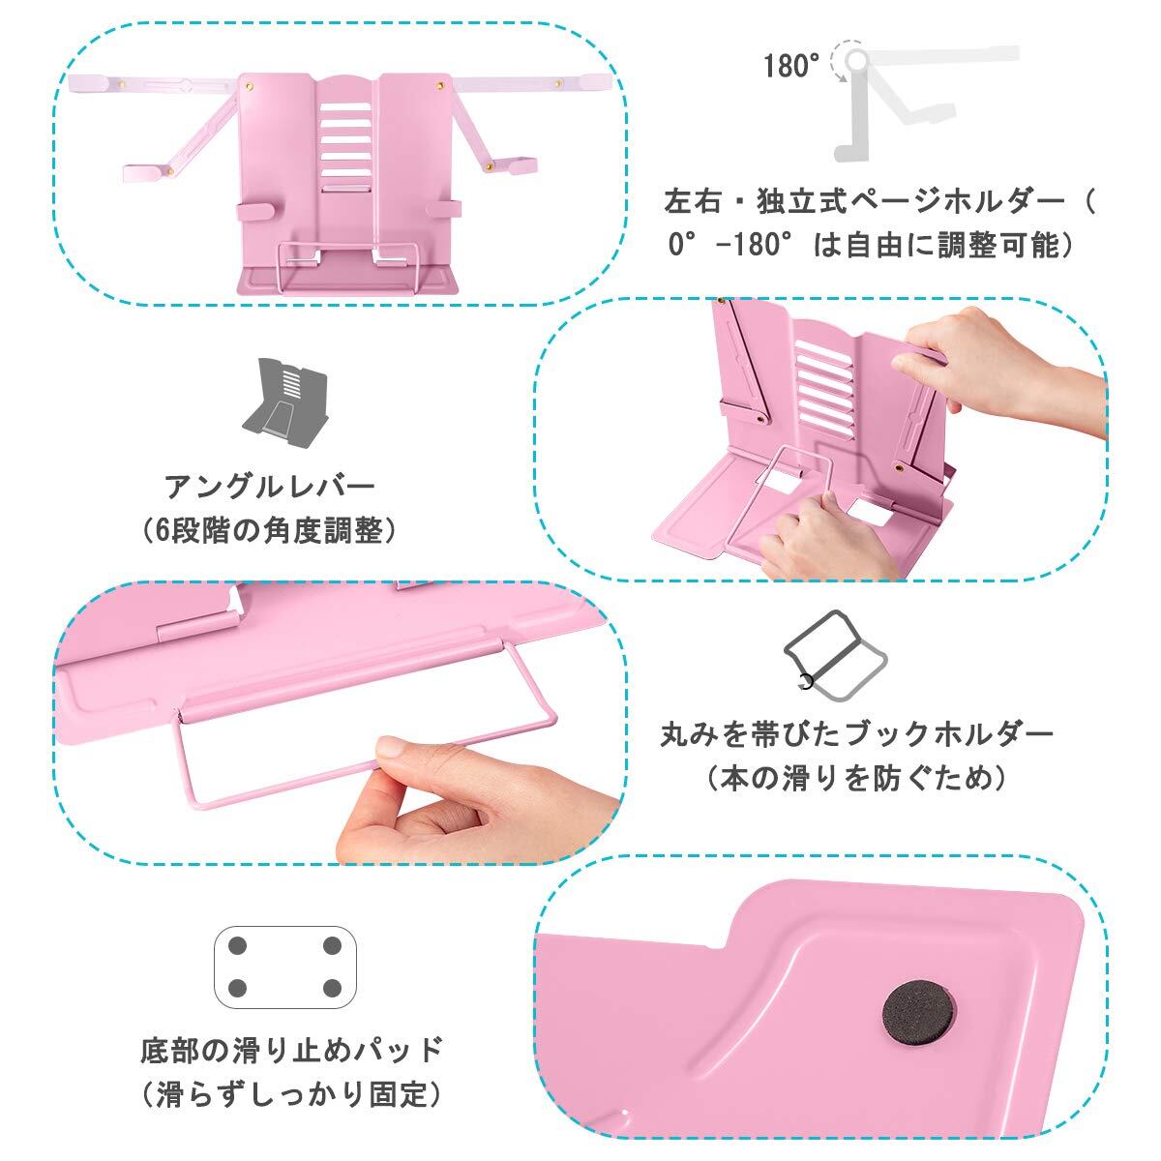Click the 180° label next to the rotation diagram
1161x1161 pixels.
(790, 66)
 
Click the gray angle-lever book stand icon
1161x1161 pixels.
(284, 397)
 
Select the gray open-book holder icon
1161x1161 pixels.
(834, 656)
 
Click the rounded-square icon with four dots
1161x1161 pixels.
(285, 967)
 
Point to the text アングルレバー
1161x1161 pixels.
(270, 487)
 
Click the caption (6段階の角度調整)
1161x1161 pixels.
(269, 531)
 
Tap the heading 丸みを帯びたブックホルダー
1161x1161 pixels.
(856, 734)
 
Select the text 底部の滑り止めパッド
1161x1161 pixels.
(291, 1050)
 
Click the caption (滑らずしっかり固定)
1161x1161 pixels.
(292, 1094)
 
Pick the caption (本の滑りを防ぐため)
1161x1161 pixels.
(857, 779)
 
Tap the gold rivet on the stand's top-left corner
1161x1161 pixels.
(250, 86)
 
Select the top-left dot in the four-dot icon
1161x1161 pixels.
(239, 945)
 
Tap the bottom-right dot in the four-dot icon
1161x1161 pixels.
(332, 988)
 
